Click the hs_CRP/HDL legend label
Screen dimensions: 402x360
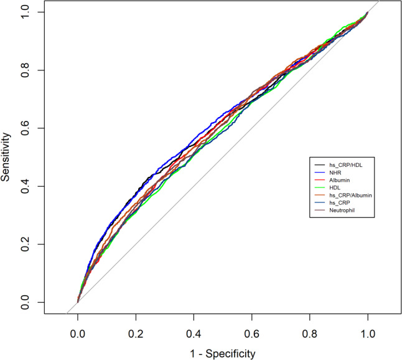point(346,165)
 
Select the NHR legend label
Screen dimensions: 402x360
point(335,173)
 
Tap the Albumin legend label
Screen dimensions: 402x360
point(339,180)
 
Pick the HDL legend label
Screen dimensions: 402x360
point(335,188)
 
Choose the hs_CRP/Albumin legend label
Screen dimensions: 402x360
point(350,196)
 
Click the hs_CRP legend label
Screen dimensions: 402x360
point(339,203)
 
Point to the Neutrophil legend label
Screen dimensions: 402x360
point(342,211)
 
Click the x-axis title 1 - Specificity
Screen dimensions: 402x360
point(223,354)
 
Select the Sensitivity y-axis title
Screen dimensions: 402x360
point(5,157)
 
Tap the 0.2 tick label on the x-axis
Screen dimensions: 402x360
point(136,334)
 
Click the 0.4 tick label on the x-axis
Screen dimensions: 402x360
point(194,334)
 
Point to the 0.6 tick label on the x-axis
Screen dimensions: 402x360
point(252,334)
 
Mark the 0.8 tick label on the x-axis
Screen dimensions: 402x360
point(310,334)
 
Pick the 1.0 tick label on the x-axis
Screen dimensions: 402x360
point(368,334)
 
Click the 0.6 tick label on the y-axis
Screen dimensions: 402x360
point(25,128)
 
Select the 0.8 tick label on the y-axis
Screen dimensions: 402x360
point(25,70)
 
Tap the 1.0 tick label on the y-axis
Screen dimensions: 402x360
point(25,12)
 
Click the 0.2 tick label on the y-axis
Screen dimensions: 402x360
point(25,244)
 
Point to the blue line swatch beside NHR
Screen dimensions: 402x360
point(319,173)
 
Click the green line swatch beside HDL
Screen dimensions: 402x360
point(319,188)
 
